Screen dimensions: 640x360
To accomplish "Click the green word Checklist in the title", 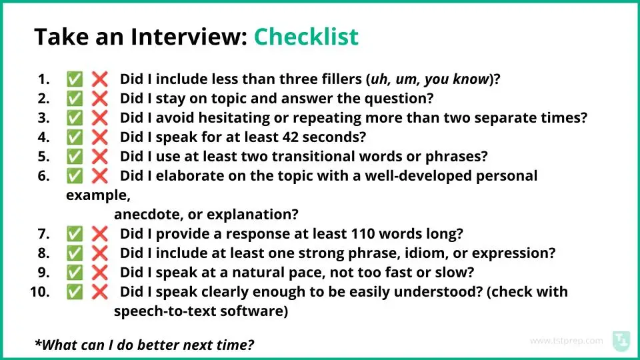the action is click(x=306, y=36).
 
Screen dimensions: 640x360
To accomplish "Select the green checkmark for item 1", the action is click(x=75, y=79).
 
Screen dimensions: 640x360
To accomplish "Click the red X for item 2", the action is click(x=99, y=99).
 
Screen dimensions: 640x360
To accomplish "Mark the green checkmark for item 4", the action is click(x=75, y=137).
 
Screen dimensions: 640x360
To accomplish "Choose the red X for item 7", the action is click(x=99, y=234).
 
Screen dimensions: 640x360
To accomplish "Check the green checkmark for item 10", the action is click(x=75, y=292).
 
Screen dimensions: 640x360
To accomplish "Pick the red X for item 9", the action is click(x=99, y=273).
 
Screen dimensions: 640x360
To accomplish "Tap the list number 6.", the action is click(x=43, y=176).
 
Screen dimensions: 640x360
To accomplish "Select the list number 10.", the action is click(x=40, y=292).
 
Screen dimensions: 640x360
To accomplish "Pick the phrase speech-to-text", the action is click(x=165, y=311).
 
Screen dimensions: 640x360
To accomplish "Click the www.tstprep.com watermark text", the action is click(x=566, y=341).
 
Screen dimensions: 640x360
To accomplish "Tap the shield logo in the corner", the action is click(x=621, y=341).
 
